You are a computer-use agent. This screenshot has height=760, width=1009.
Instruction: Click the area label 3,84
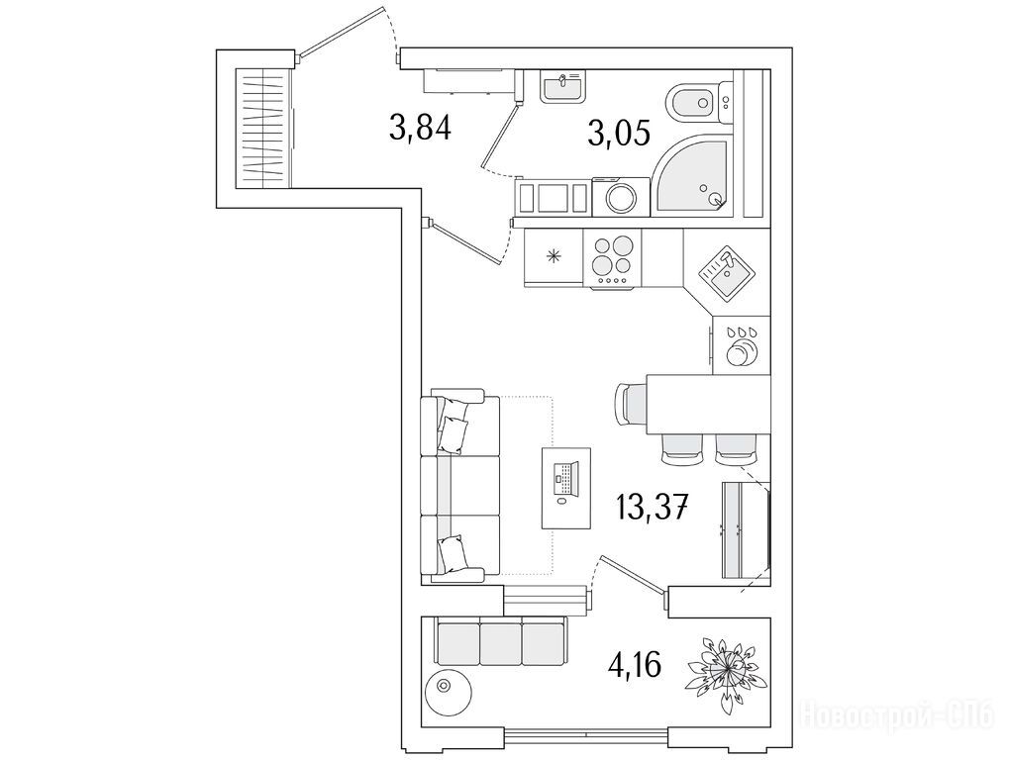421,128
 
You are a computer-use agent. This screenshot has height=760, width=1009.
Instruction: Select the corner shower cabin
694,176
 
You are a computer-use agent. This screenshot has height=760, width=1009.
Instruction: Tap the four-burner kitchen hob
611,255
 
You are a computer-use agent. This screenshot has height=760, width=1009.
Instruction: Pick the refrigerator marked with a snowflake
554,255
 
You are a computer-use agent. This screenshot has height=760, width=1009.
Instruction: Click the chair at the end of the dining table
630,404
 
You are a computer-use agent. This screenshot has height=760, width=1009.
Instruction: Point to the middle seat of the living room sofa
459,485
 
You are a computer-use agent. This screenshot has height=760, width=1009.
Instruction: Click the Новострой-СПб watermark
897,712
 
